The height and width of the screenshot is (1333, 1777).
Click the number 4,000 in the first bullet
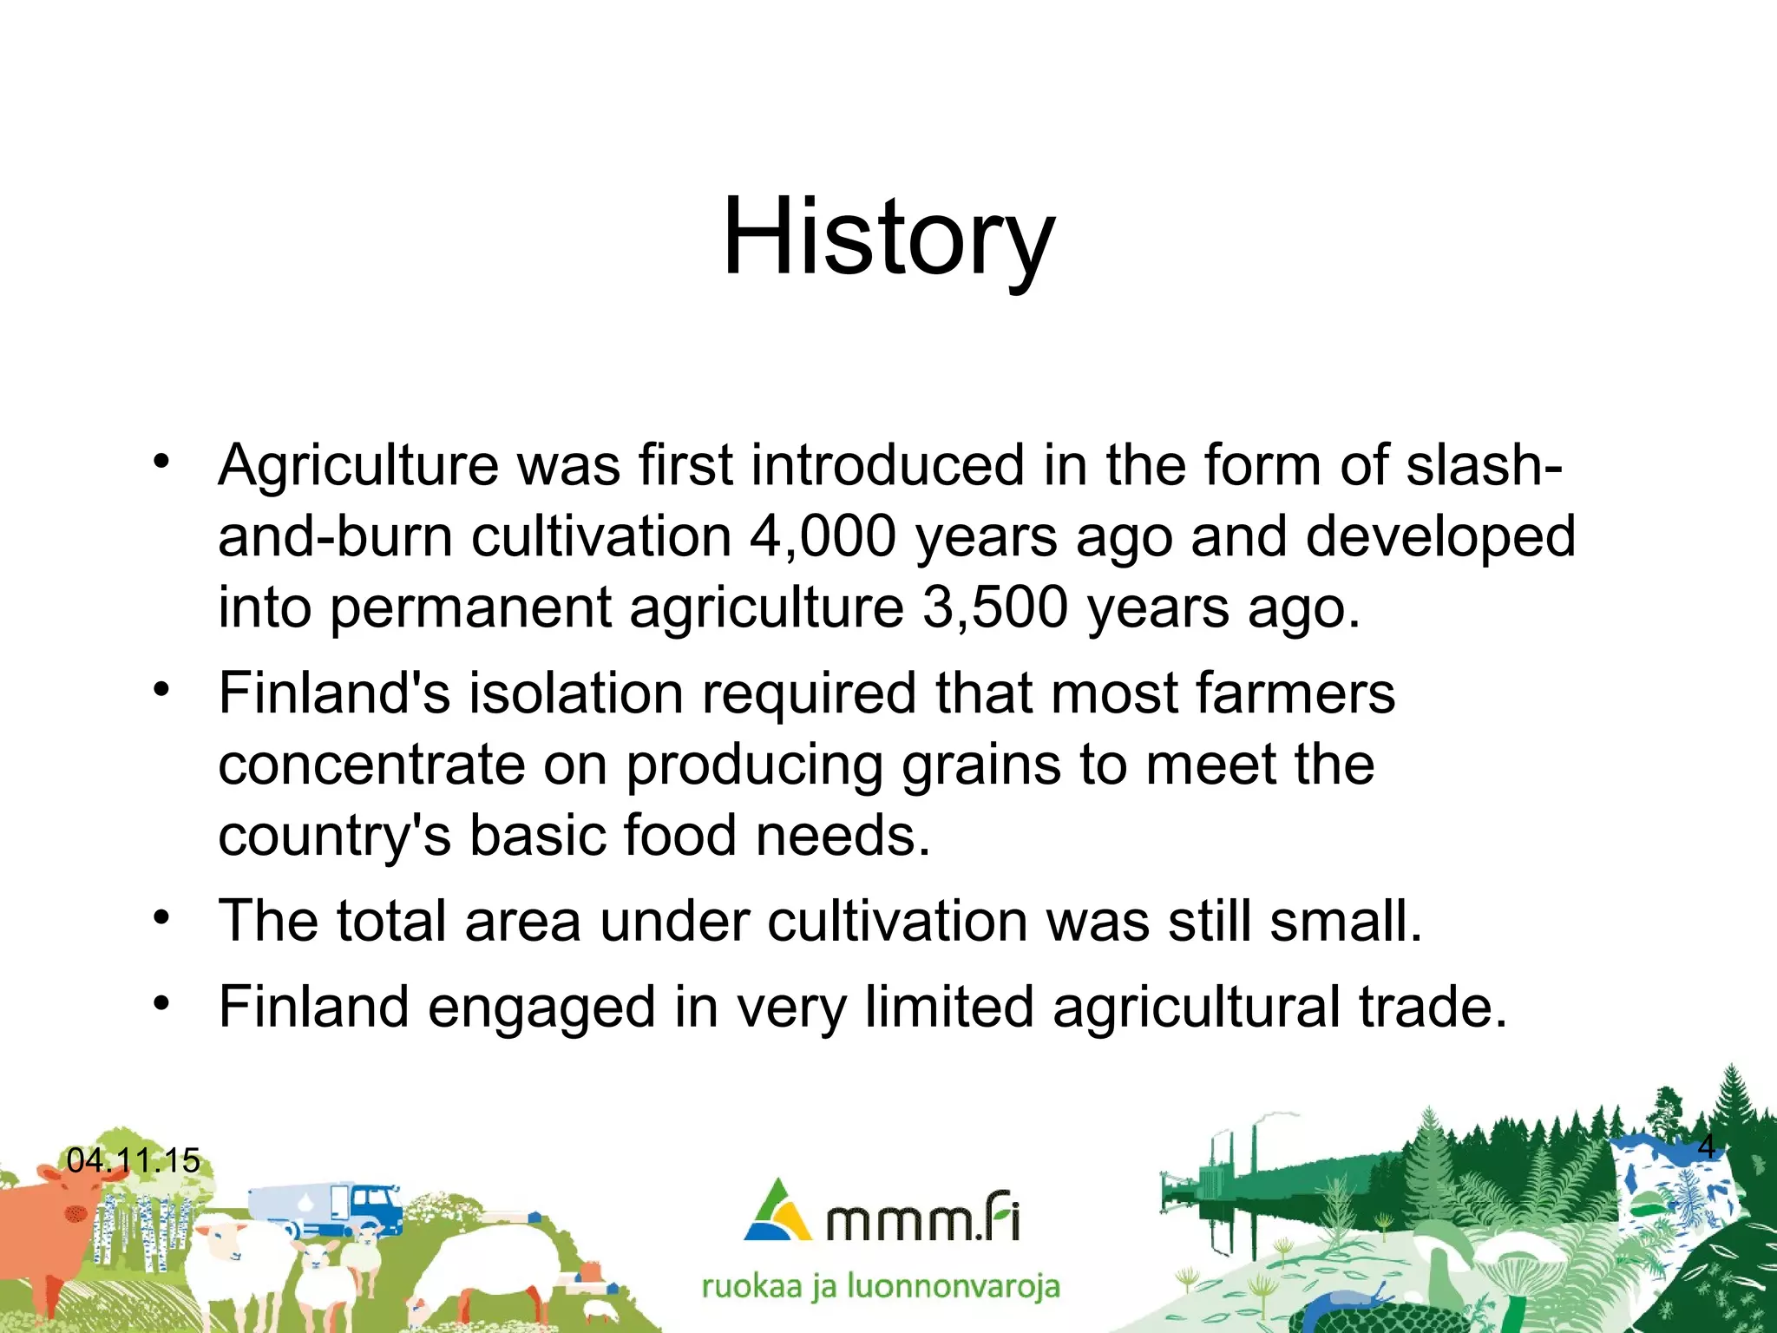tap(822, 536)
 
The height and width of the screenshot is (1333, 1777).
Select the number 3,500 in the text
tap(994, 607)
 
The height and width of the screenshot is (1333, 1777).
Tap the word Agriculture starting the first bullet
tap(357, 466)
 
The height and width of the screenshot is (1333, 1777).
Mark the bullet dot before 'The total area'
tap(161, 917)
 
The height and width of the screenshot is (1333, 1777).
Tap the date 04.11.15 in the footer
tap(133, 1160)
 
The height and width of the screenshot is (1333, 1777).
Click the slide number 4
tap(1706, 1146)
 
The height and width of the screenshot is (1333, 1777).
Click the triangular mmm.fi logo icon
tap(777, 1211)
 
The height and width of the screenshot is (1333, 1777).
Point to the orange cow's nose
tap(76, 1213)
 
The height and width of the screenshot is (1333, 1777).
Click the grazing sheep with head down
tap(495, 1263)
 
